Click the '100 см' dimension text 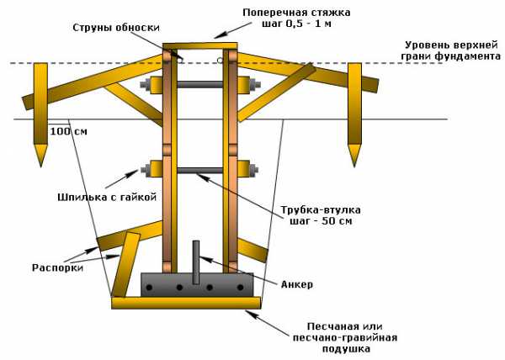(68, 132)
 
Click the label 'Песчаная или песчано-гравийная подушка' (352, 336)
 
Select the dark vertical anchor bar (196, 261)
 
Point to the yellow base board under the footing (186, 302)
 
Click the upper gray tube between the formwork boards (199, 84)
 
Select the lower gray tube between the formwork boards (199, 170)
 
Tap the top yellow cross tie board (199, 45)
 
